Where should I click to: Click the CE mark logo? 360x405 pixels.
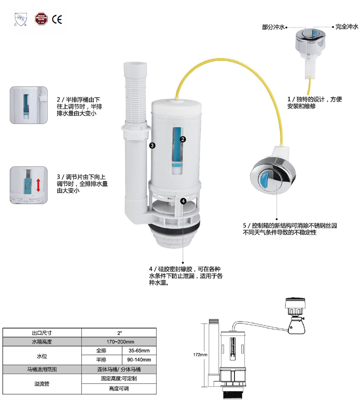click(57, 20)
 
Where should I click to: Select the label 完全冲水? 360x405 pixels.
click(347, 27)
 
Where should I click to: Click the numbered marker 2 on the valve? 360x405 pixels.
click(183, 139)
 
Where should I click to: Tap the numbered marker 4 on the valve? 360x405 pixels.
click(183, 201)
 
